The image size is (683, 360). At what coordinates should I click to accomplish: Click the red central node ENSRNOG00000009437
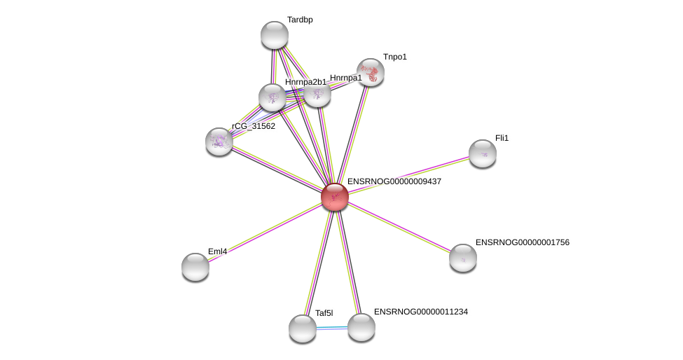pyautogui.click(x=335, y=197)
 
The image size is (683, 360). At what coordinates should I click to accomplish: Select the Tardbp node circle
pyautogui.click(x=275, y=35)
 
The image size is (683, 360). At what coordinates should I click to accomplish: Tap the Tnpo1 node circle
pyautogui.click(x=371, y=71)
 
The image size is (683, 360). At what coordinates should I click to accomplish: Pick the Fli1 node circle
pyautogui.click(x=482, y=153)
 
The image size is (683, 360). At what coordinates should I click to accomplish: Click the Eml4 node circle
pyautogui.click(x=195, y=266)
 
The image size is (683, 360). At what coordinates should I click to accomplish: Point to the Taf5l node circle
pyautogui.click(x=303, y=328)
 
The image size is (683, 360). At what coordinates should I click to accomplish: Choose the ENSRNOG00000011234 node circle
pyautogui.click(x=361, y=327)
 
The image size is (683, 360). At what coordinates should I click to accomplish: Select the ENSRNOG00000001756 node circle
pyautogui.click(x=462, y=258)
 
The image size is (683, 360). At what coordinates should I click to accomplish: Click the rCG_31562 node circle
pyautogui.click(x=219, y=141)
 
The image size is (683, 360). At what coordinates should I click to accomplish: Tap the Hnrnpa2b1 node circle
pyautogui.click(x=272, y=97)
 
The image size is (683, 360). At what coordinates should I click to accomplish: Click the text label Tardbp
pyautogui.click(x=300, y=20)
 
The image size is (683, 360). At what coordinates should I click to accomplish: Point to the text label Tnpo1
pyautogui.click(x=394, y=57)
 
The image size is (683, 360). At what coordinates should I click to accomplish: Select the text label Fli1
pyautogui.click(x=502, y=138)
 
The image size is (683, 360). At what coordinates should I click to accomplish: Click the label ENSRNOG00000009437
pyautogui.click(x=394, y=181)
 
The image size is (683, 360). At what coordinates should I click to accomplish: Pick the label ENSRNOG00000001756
pyautogui.click(x=522, y=242)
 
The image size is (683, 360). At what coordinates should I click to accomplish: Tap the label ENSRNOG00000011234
pyautogui.click(x=420, y=311)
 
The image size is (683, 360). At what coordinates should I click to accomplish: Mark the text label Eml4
pyautogui.click(x=217, y=251)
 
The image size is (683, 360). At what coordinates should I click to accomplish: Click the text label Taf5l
pyautogui.click(x=324, y=313)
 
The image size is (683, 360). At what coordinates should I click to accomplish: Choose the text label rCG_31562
pyautogui.click(x=254, y=126)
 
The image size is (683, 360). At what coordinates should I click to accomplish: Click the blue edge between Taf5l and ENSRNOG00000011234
pyautogui.click(x=332, y=328)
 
